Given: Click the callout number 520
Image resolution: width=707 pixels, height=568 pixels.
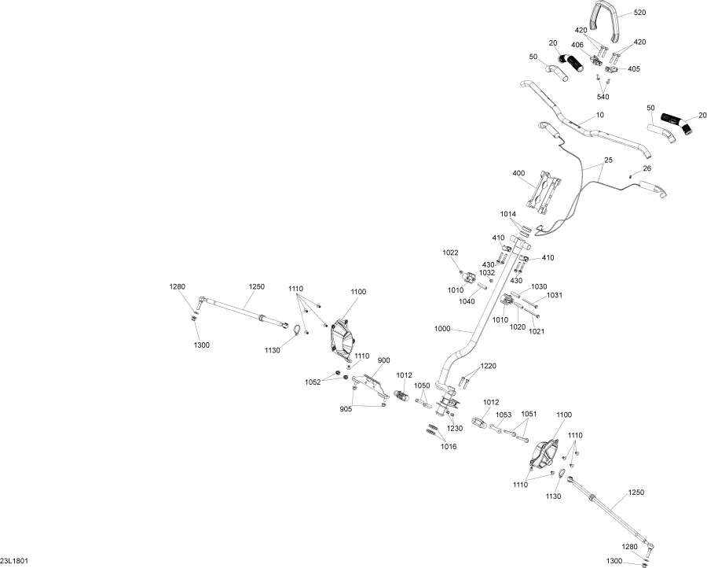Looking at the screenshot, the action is point(639,13).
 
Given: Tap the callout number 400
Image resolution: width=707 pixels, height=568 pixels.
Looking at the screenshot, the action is point(518,173).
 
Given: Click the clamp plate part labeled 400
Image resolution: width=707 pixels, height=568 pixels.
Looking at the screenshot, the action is point(544,192).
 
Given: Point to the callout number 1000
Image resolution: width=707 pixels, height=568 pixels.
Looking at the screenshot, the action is point(441,329).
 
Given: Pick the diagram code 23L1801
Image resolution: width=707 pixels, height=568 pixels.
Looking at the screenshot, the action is point(14,561).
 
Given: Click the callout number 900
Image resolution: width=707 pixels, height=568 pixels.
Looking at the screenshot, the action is point(383,360).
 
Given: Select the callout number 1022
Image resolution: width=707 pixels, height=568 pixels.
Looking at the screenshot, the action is point(450,253).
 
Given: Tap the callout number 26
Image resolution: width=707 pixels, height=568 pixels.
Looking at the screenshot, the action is point(647,168).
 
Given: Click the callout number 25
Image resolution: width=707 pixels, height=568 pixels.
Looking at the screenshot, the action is point(608,160).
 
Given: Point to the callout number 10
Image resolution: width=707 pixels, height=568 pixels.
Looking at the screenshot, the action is point(599,115).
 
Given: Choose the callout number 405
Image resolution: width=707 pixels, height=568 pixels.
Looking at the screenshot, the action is point(633,69).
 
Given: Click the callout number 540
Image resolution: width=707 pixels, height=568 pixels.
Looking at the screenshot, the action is point(603,97).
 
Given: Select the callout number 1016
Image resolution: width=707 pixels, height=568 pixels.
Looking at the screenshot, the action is point(449,447).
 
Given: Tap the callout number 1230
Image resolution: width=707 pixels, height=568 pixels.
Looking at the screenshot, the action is point(455,428).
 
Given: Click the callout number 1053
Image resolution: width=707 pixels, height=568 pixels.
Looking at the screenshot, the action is point(504,415).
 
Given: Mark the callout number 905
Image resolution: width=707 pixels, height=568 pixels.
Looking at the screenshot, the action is point(346,409).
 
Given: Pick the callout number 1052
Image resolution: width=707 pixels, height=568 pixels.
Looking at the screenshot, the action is point(313,382).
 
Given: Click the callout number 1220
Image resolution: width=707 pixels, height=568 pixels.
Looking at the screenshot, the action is point(488,366).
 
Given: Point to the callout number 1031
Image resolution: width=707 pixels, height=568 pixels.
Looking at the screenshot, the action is point(555,295).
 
